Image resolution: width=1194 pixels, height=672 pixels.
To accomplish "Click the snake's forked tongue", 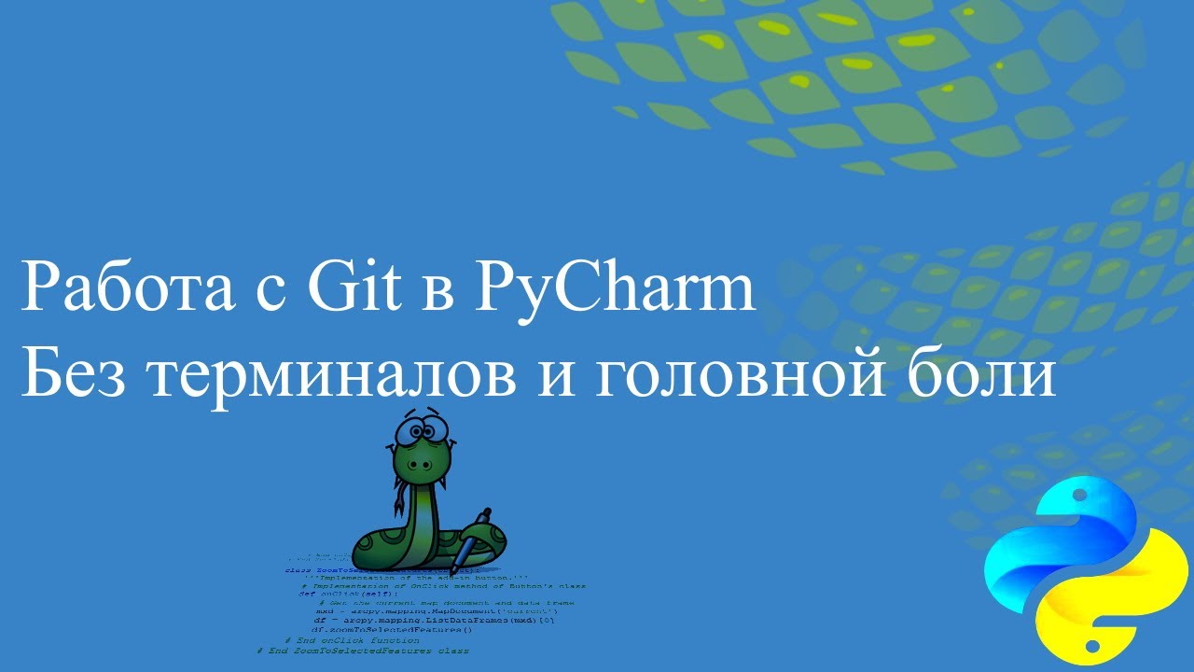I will pyautogui.click(x=402, y=485).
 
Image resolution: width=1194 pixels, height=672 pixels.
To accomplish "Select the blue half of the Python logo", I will pyautogui.click(x=1045, y=541).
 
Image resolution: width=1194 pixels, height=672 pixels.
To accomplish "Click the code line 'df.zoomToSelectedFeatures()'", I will pyautogui.click(x=392, y=630).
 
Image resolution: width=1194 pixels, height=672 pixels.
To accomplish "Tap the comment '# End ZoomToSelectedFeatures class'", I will pyautogui.click(x=363, y=651).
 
